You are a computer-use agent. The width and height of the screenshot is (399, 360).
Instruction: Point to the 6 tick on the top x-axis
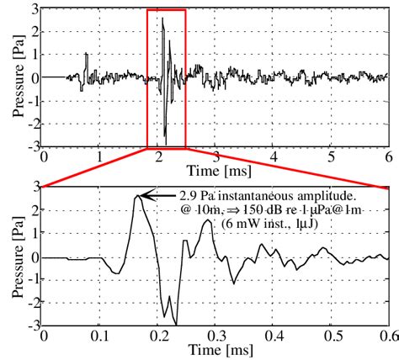pos(388,157)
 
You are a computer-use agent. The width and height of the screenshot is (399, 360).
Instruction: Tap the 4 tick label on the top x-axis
pos(274,157)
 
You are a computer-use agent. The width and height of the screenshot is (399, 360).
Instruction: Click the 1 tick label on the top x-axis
pos(100,157)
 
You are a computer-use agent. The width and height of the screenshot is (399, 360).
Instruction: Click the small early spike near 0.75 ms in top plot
pos(87,55)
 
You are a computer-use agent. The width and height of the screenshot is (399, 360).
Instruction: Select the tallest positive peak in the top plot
pos(162,19)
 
